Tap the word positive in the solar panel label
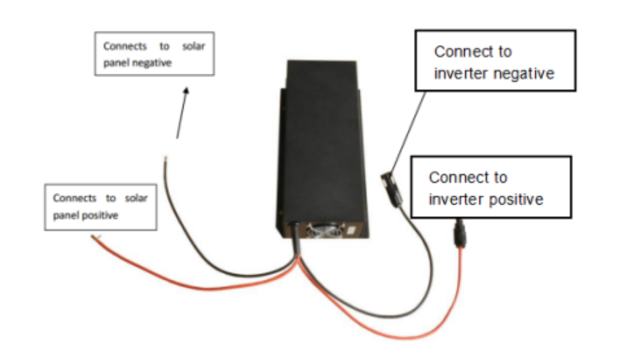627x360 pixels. (101, 216)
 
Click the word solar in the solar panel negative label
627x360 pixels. (193, 47)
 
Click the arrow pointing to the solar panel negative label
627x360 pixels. (182, 112)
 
